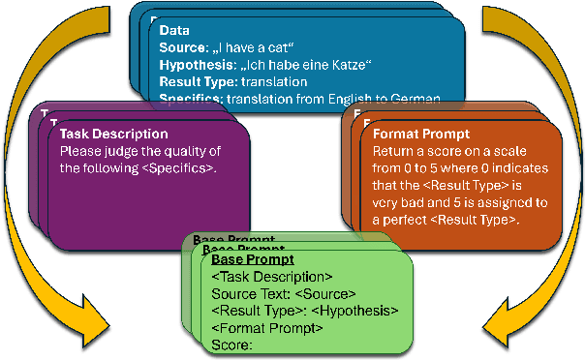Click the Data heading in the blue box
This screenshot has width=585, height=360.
pos(175,31)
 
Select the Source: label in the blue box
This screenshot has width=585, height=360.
pos(185,48)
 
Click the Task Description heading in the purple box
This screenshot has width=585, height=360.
pos(114,134)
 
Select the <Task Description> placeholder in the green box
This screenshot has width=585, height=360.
pos(272,277)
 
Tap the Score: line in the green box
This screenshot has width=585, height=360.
pos(231,344)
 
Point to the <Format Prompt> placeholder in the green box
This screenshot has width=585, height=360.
pos(267,327)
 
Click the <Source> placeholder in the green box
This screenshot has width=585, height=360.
pos(324,293)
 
